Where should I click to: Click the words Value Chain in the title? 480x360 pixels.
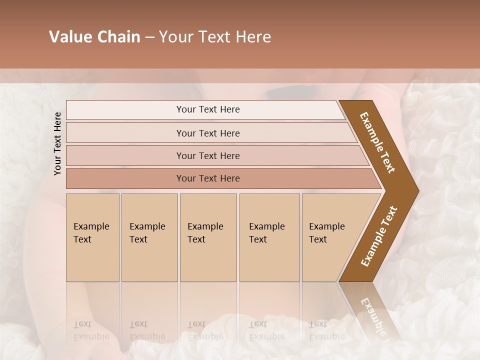pyautogui.click(x=94, y=37)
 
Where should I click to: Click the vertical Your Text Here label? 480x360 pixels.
pyautogui.click(x=57, y=143)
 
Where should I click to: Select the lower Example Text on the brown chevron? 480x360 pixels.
pyautogui.click(x=379, y=236)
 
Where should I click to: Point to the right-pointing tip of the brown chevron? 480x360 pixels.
pyautogui.click(x=416, y=190)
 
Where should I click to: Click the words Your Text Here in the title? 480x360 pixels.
pyautogui.click(x=215, y=37)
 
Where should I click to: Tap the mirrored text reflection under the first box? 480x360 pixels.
pyautogui.click(x=91, y=330)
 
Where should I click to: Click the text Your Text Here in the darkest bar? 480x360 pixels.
pyautogui.click(x=208, y=178)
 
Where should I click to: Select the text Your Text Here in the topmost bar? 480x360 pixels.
pyautogui.click(x=208, y=109)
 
